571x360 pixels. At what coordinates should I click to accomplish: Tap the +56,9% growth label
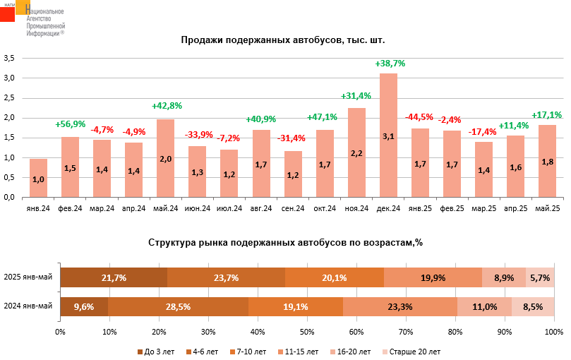click(x=70, y=125)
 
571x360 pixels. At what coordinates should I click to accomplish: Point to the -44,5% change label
click(x=419, y=117)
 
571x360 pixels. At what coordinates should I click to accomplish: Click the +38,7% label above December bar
click(x=390, y=64)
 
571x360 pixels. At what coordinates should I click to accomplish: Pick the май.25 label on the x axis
click(x=548, y=208)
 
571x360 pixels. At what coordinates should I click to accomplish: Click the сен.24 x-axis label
click(x=293, y=208)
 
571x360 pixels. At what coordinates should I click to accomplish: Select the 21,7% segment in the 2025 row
click(x=114, y=277)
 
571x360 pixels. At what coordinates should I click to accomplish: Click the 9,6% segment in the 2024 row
click(x=84, y=306)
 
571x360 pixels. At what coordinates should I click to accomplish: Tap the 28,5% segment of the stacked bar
click(x=178, y=306)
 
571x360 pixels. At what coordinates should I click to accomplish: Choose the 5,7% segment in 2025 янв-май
click(x=540, y=277)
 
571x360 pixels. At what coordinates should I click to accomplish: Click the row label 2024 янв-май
click(x=28, y=306)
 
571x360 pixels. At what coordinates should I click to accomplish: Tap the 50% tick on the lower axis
click(x=307, y=331)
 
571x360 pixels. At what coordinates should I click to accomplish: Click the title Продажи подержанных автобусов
click(x=282, y=40)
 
